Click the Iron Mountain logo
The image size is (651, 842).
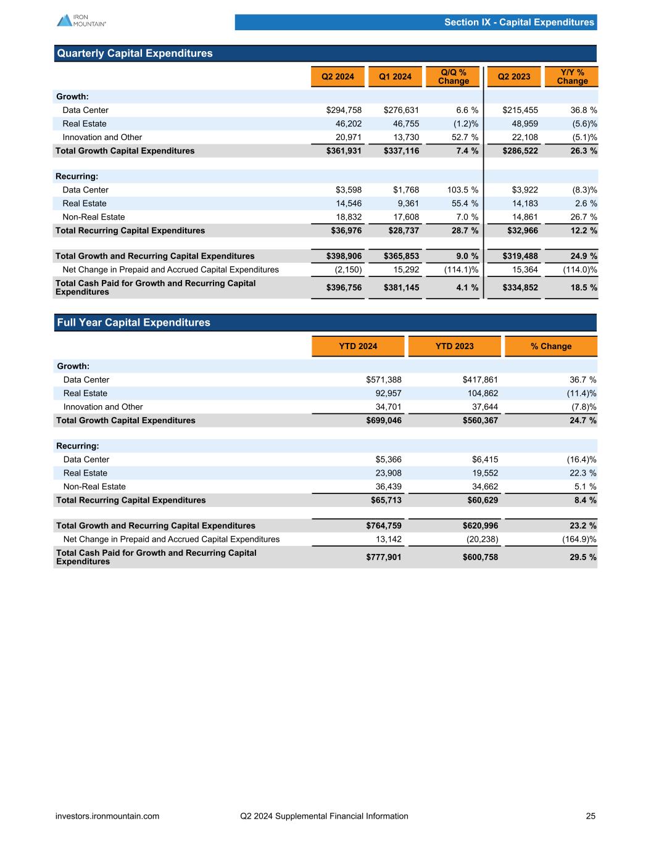click(x=81, y=20)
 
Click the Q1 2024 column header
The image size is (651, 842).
click(x=395, y=76)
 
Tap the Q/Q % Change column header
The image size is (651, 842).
click(x=454, y=76)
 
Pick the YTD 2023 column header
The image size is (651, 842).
click(x=454, y=346)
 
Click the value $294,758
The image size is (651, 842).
click(x=344, y=110)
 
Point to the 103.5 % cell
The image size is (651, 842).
click(x=458, y=190)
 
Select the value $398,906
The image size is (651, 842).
click(x=344, y=256)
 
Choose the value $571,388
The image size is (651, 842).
click(x=384, y=380)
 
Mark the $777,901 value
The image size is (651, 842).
click(x=384, y=557)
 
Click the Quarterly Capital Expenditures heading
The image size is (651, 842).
click(x=135, y=54)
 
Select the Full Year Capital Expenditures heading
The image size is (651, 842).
click(x=133, y=323)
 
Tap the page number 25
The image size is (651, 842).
click(x=591, y=816)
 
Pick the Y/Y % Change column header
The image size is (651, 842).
click(x=572, y=76)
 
